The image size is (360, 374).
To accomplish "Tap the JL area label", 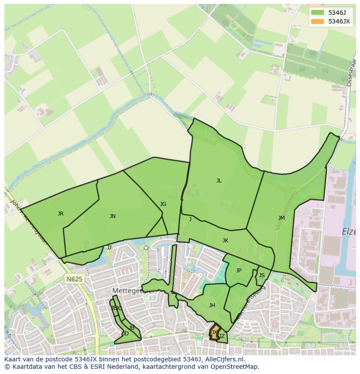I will pos(219,181).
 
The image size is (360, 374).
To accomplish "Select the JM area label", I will pos(281,218).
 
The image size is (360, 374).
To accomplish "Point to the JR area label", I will pos(60,214).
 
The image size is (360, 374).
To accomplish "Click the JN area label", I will pos(113,216).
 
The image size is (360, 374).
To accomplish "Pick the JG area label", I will pos(163,204).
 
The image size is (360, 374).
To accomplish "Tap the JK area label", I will pos(225,241).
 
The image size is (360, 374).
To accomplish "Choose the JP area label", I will pos(239,271).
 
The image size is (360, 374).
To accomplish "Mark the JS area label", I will pos(262,275).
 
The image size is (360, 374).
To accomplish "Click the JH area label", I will pos(212,305).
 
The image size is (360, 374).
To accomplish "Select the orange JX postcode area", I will pos(214,332).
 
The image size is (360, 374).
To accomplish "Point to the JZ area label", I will pos(222,336).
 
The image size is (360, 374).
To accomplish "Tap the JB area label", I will pos(132,328).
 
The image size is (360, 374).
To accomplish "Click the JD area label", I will pos(125,334).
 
